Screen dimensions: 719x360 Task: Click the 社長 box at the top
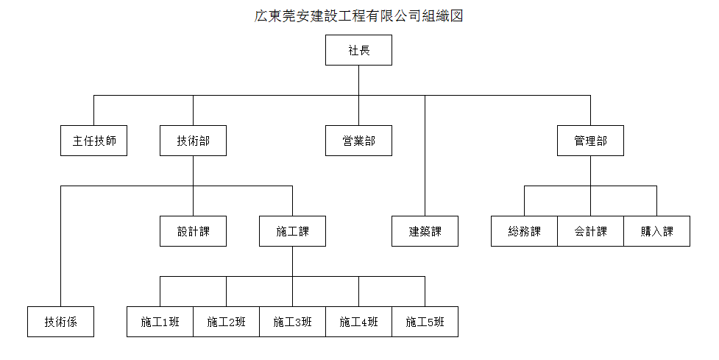[x=358, y=50]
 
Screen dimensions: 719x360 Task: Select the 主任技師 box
[x=93, y=141]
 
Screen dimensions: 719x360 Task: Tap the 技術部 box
[x=193, y=141]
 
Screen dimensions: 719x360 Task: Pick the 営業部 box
[x=358, y=141]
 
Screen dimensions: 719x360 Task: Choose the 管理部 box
[x=591, y=141]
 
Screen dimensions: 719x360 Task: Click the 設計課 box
[x=193, y=231]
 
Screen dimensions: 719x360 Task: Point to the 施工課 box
[x=293, y=231]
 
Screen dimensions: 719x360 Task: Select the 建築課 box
[x=425, y=231]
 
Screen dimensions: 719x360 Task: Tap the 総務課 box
[x=524, y=231]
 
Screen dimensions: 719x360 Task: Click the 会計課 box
[x=591, y=231]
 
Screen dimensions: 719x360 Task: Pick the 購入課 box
[x=656, y=231]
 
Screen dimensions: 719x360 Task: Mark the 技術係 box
[x=60, y=322]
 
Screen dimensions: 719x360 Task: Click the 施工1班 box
[x=160, y=322]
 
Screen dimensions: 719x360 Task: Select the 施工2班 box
[x=226, y=322]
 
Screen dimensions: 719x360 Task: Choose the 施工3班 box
[x=293, y=322]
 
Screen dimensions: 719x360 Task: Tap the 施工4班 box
[x=358, y=322]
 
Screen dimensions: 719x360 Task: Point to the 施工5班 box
[x=425, y=322]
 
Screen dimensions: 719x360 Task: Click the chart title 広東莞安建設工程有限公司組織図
[x=358, y=15]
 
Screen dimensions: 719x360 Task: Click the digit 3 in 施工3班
[x=293, y=322]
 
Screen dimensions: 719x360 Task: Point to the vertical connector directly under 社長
[x=358, y=80]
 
